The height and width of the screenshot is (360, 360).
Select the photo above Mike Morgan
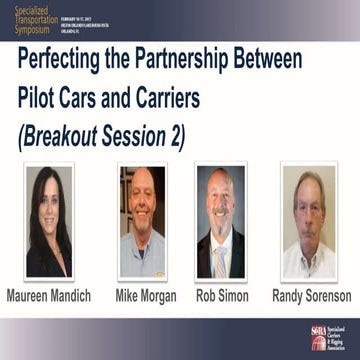pos(141,221)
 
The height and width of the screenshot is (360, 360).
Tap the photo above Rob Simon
pos(220,221)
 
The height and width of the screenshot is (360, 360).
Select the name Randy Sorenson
pos(311,296)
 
